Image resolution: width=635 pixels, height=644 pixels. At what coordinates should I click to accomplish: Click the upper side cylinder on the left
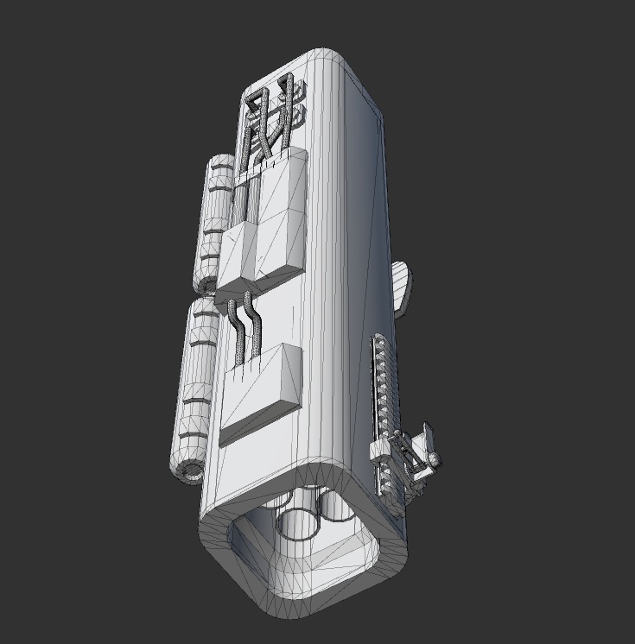pos(216,220)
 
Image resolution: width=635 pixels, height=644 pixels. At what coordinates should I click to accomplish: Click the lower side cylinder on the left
pos(197,380)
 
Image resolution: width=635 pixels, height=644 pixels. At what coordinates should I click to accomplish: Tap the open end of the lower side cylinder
pos(187,470)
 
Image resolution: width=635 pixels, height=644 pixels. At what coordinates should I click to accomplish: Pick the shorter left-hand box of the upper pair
pos(235,255)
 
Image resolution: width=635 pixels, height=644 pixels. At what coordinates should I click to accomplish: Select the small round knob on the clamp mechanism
pos(434,458)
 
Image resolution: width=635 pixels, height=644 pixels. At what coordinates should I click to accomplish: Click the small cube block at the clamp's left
pos(378,450)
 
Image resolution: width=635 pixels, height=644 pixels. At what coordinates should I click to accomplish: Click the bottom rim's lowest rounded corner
pos(285,609)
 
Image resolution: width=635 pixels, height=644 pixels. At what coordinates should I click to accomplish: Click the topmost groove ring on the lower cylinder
pos(206,317)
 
